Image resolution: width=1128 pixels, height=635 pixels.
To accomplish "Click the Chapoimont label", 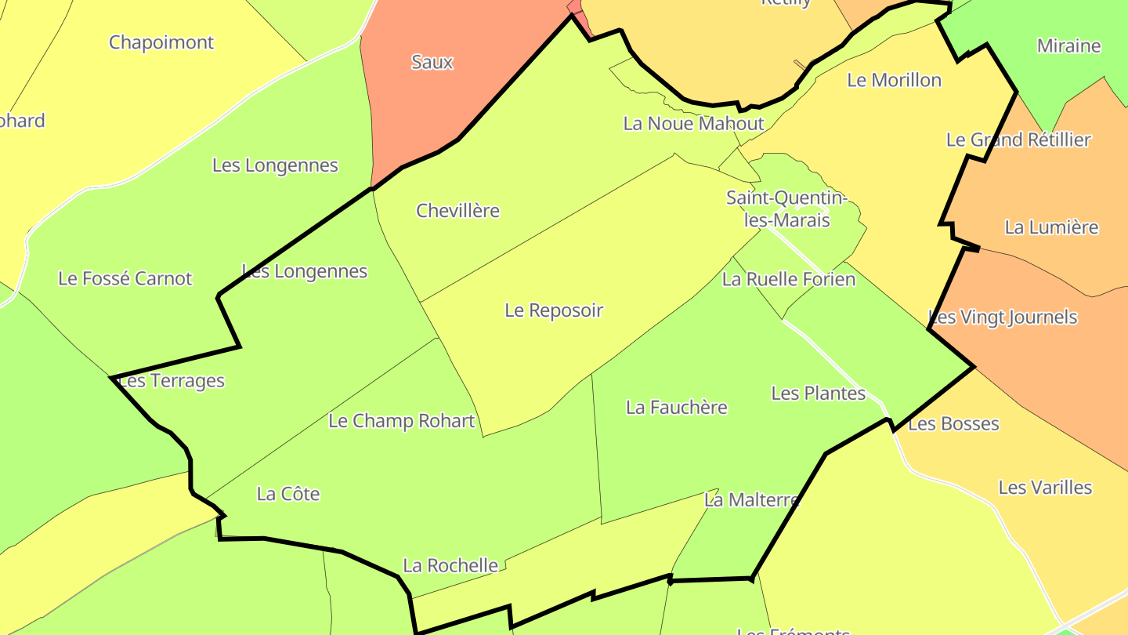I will pyautogui.click(x=161, y=42).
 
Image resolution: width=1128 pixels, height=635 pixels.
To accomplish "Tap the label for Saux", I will pyautogui.click(x=432, y=62).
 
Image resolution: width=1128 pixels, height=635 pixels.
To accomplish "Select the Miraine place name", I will pyautogui.click(x=1068, y=46).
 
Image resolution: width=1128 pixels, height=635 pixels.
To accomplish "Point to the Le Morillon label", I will pyautogui.click(x=894, y=80).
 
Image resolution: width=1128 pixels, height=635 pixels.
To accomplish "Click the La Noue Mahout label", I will pyautogui.click(x=693, y=123).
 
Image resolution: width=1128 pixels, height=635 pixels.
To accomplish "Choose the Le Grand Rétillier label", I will pyautogui.click(x=1018, y=140).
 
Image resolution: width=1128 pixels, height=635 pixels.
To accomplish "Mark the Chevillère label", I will pyautogui.click(x=457, y=211).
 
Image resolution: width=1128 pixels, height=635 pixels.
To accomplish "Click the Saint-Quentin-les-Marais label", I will pyautogui.click(x=786, y=209).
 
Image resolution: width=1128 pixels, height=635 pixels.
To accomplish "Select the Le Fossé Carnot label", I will pyautogui.click(x=125, y=278).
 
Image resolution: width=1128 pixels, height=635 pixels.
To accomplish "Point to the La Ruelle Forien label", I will pyautogui.click(x=788, y=279).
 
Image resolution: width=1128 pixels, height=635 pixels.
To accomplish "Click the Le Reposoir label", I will pyautogui.click(x=554, y=310).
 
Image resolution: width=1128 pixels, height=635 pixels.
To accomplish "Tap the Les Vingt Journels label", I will pyautogui.click(x=1003, y=317).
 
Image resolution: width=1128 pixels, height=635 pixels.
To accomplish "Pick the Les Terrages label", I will pyautogui.click(x=171, y=381).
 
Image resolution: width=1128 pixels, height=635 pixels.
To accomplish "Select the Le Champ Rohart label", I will pyautogui.click(x=401, y=421).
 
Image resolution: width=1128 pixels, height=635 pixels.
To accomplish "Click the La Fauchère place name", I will pyautogui.click(x=676, y=408).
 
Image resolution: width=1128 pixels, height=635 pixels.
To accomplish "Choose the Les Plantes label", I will pyautogui.click(x=818, y=394).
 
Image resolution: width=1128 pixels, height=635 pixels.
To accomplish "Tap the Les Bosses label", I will pyautogui.click(x=953, y=424).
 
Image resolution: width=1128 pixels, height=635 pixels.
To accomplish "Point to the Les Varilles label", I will pyautogui.click(x=1045, y=488).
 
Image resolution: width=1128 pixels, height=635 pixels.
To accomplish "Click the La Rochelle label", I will pyautogui.click(x=450, y=565).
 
